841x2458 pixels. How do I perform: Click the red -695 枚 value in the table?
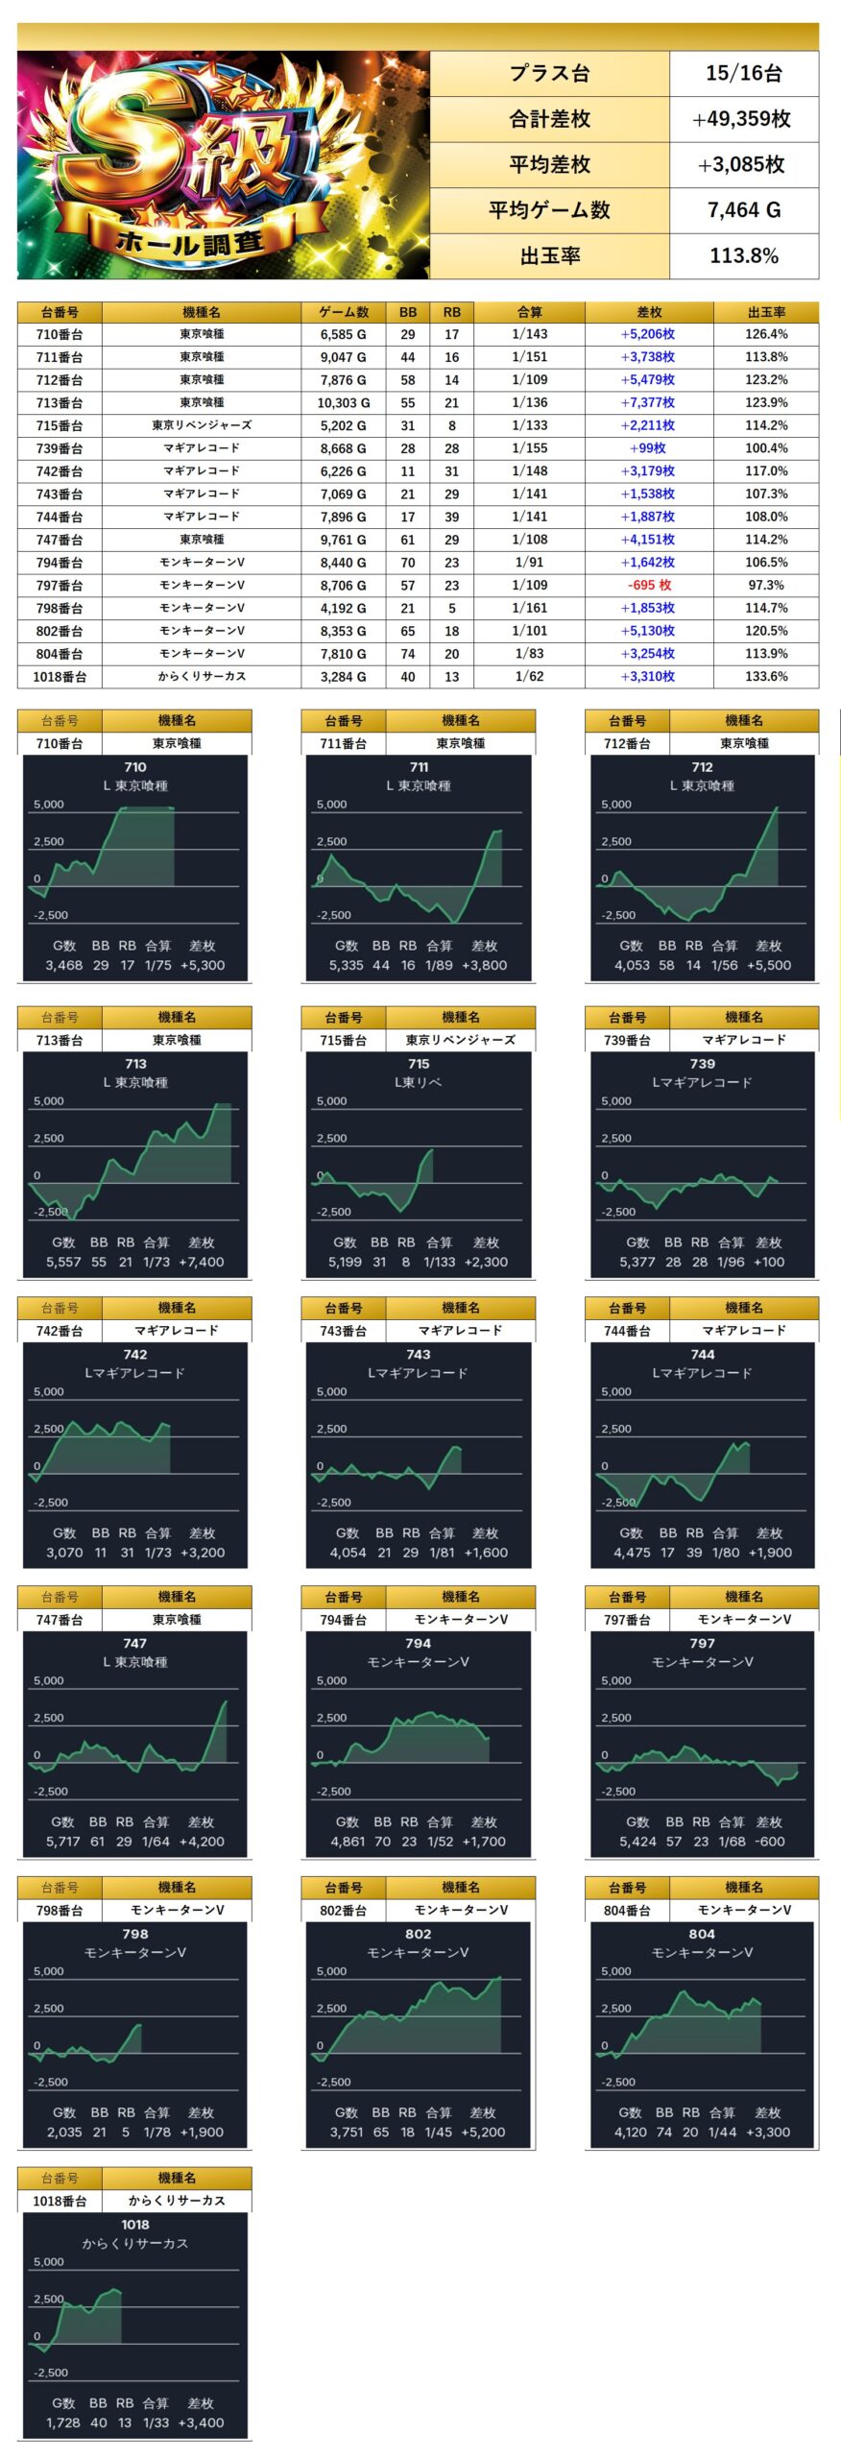click(649, 585)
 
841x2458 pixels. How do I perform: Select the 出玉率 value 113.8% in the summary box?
click(743, 255)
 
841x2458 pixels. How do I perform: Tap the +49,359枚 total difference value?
click(742, 118)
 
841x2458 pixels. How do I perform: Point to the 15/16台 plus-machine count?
click(743, 73)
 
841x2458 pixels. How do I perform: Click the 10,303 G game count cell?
click(343, 402)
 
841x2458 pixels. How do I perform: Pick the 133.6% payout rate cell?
click(765, 676)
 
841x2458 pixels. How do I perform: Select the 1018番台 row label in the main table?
click(60, 676)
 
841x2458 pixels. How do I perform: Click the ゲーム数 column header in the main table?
click(343, 312)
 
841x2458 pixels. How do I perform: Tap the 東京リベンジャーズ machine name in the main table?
click(202, 425)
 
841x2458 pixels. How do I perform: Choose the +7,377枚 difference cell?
click(648, 402)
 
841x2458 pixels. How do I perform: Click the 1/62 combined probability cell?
click(529, 676)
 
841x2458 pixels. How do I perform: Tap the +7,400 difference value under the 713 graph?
click(202, 1262)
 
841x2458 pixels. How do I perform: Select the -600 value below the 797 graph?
click(769, 1842)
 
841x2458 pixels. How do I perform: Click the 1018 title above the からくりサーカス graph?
click(134, 2225)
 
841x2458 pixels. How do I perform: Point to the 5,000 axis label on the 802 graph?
click(331, 1971)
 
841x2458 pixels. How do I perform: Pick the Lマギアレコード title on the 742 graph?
click(134, 1373)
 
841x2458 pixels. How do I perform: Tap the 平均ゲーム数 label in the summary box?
click(548, 209)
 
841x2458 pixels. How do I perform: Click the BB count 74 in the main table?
click(408, 654)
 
